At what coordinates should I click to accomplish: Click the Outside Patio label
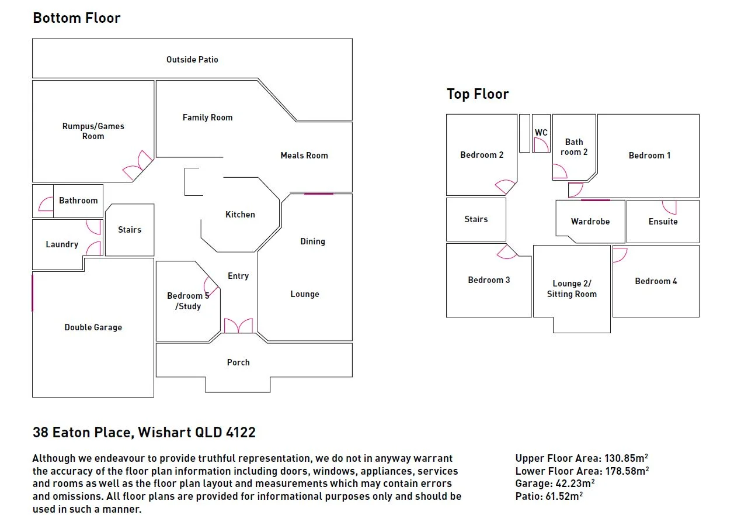192,60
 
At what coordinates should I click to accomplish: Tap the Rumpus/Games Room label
93,131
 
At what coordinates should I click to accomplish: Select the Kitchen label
240,215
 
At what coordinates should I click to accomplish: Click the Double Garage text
93,327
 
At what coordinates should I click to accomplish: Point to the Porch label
238,362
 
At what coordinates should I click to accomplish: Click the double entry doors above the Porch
238,326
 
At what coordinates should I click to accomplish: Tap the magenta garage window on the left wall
33,292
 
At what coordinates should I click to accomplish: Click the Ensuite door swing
670,206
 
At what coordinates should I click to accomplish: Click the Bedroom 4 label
656,281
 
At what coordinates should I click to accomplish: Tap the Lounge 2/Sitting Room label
572,289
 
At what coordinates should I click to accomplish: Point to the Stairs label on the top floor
476,219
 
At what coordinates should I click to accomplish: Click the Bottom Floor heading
76,18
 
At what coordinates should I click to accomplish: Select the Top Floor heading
478,94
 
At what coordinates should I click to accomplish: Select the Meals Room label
304,156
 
